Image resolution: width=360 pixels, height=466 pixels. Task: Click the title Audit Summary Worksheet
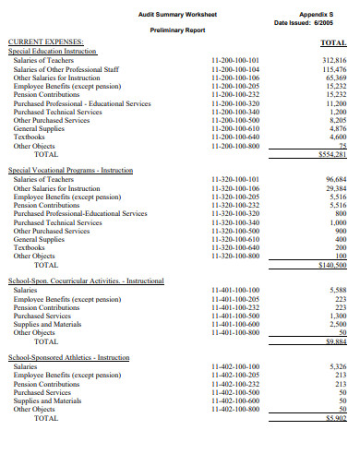(x=177, y=14)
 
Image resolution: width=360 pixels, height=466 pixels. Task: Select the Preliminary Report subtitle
(x=177, y=30)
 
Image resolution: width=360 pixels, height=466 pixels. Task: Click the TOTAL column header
(x=332, y=43)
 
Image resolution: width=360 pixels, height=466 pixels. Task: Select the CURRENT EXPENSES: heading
(x=45, y=42)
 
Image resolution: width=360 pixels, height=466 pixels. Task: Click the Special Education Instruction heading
(x=58, y=52)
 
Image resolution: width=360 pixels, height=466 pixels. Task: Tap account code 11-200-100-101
(x=235, y=60)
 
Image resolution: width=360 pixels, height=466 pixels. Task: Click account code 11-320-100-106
(x=235, y=188)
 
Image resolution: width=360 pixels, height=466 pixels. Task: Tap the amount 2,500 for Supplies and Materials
(x=336, y=324)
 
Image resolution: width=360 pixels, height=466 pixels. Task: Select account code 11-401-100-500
(x=235, y=316)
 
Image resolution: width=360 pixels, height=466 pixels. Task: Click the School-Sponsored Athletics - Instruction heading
(x=68, y=357)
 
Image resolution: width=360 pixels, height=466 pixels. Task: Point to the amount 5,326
(x=336, y=366)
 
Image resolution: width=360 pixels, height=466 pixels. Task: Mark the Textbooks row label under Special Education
(x=30, y=137)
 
